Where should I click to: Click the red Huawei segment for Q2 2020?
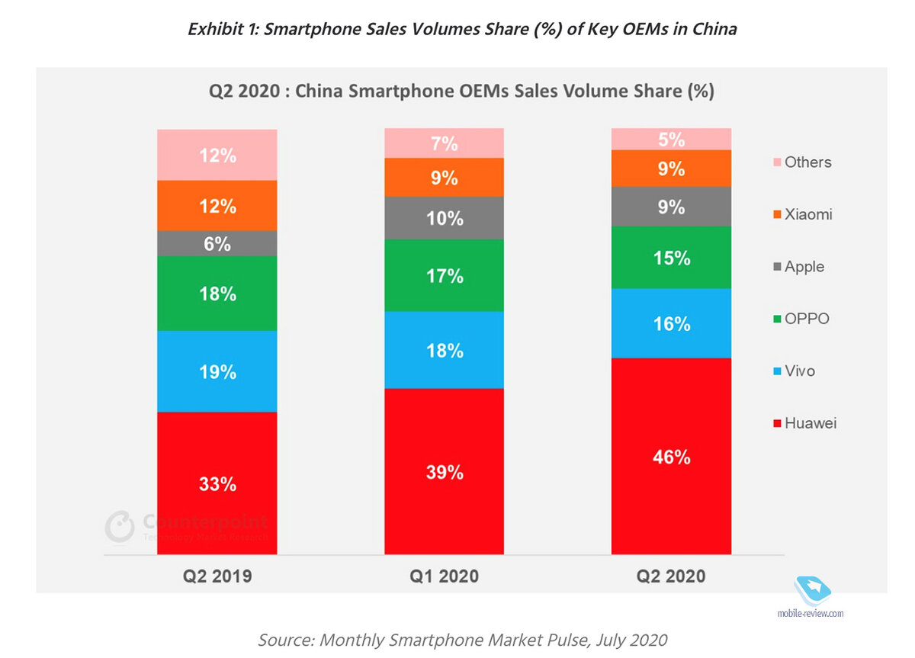[x=671, y=456]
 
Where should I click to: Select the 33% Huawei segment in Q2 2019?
[x=217, y=483]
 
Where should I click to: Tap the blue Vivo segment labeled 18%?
[x=444, y=350]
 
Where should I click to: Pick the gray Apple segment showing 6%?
[x=217, y=243]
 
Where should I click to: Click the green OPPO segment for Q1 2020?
[x=444, y=275]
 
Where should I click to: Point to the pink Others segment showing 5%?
[x=671, y=140]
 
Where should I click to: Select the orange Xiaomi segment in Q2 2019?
[x=217, y=206]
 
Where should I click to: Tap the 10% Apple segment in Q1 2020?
[x=444, y=218]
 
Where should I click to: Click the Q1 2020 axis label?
[x=444, y=576]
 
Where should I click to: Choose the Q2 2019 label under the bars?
[x=217, y=576]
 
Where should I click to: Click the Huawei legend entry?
[x=804, y=422]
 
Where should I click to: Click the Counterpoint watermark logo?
[x=120, y=527]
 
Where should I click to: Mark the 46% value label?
[x=671, y=457]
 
